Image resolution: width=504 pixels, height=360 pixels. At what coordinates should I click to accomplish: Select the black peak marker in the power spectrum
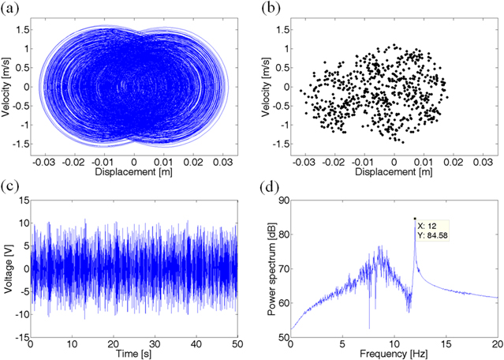[x=415, y=219]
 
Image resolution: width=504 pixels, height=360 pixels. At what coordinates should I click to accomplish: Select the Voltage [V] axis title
[x=7, y=260]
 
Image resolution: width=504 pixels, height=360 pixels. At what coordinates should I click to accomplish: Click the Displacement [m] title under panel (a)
[x=134, y=171]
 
